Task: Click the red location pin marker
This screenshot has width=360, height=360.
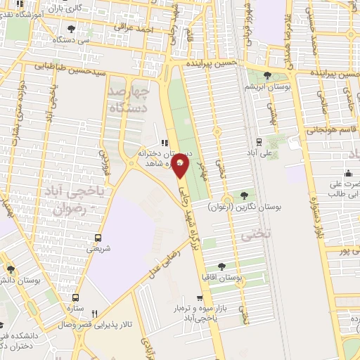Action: (x=181, y=166)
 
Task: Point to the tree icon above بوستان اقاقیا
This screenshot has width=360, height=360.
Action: (x=222, y=266)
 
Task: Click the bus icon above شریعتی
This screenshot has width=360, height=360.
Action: (x=98, y=238)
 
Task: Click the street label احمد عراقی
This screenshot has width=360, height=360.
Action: (x=135, y=29)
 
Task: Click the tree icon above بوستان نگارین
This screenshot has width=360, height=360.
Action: (x=245, y=195)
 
